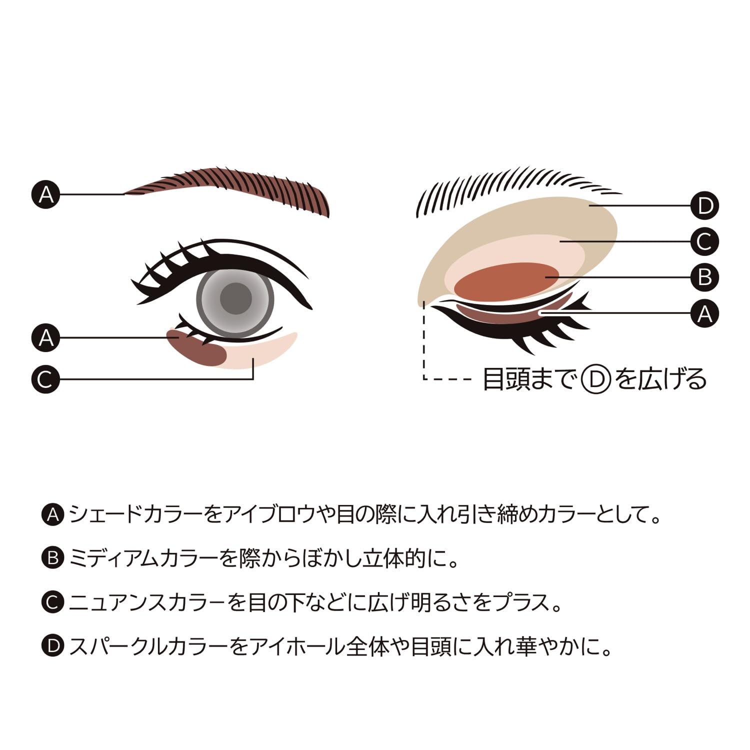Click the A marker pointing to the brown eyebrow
pos(46,193)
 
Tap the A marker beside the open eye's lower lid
pos(46,337)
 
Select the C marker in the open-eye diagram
pos(46,379)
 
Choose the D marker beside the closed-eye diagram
pos(704,205)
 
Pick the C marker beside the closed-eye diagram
pos(704,241)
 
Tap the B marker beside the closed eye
pos(704,277)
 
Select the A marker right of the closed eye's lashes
pos(704,313)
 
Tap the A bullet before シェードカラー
pos(52,514)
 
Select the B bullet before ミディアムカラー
pos(52,558)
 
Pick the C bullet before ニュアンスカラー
pos(52,602)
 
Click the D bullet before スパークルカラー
pos(52,646)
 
